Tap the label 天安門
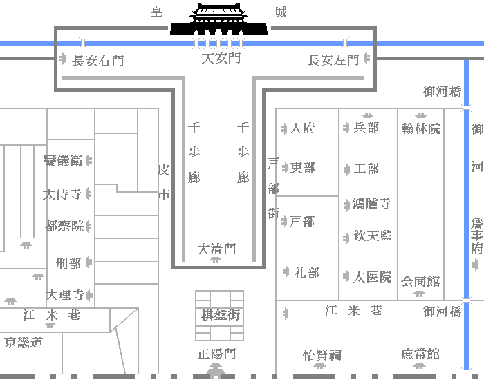[x=221, y=59]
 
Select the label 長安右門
[x=97, y=61]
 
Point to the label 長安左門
[x=333, y=61]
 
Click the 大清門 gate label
[x=217, y=249]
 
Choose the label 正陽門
[x=217, y=354]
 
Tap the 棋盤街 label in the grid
[x=221, y=315]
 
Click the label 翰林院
[x=420, y=128]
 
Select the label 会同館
[x=420, y=281]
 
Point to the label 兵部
[x=366, y=127]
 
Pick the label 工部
[x=366, y=169]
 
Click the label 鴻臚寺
[x=372, y=204]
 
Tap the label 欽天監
[x=373, y=236]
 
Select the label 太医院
[x=373, y=277]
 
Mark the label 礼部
[x=306, y=272]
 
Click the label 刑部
[x=69, y=263]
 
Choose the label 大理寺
[x=65, y=295]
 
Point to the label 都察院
[x=64, y=226]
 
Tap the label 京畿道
[x=24, y=342]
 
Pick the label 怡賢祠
[x=322, y=355]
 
